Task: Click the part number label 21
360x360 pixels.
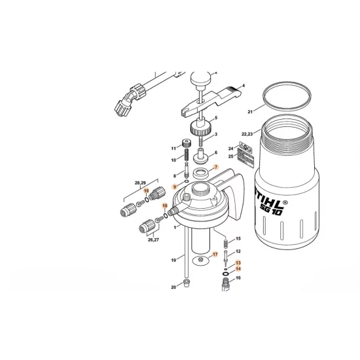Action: point(250,112)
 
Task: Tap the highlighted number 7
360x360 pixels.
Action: point(215,167)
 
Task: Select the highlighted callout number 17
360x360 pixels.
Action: point(215,255)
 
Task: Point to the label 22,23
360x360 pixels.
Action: point(247,134)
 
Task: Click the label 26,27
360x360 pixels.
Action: point(153,240)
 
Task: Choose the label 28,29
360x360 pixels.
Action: point(140,183)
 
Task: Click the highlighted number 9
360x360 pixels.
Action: point(175,187)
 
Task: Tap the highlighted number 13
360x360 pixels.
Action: point(238,263)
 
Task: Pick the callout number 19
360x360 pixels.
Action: point(173,260)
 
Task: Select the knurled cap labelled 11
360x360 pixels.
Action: point(185,143)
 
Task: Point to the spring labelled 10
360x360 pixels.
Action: point(187,155)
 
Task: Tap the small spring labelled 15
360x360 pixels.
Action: point(226,243)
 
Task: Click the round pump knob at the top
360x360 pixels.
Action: point(200,78)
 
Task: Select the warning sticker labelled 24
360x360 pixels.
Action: point(245,145)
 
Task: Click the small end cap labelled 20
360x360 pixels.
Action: point(186,283)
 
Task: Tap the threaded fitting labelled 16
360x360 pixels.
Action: point(226,284)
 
